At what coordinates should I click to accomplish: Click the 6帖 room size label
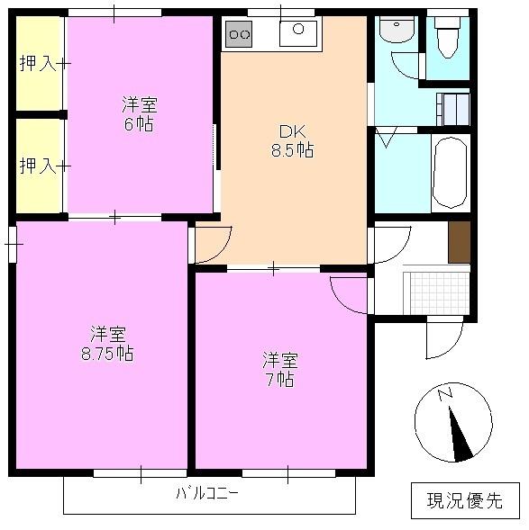click(138, 123)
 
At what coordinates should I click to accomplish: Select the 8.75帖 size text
click(106, 353)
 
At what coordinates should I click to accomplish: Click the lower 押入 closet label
click(36, 166)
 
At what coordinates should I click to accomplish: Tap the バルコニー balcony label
click(207, 493)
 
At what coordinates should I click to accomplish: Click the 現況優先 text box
click(465, 499)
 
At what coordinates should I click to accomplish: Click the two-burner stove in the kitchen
click(239, 34)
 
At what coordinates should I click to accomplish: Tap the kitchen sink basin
click(297, 32)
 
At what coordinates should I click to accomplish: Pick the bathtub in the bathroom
click(450, 173)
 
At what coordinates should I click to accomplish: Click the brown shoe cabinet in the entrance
click(460, 241)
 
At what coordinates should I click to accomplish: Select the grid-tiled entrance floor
click(437, 292)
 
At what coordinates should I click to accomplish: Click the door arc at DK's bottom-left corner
click(213, 244)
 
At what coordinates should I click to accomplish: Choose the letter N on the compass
click(444, 393)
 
